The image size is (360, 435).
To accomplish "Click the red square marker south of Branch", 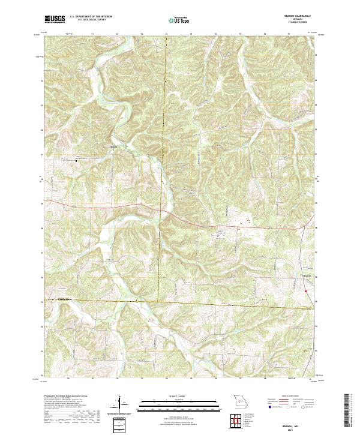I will point(305,292).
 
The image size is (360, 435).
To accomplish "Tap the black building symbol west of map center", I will point(77,160).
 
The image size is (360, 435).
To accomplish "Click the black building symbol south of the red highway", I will point(218,235).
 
